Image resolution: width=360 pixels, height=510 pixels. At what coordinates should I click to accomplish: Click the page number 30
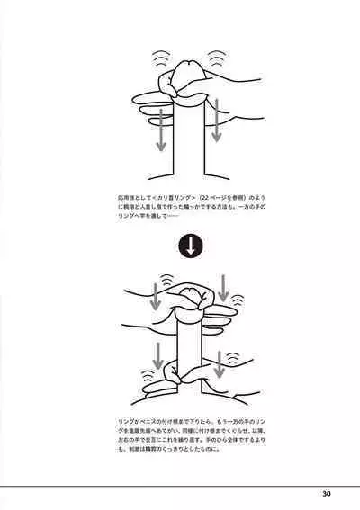point(326,493)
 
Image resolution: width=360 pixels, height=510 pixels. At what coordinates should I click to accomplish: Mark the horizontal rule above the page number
point(180,484)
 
